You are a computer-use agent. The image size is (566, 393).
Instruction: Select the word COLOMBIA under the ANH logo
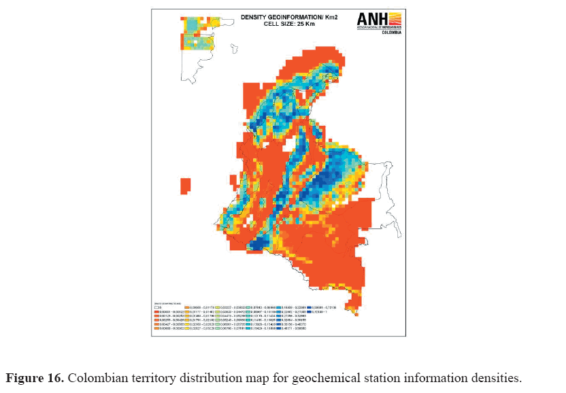point(391,32)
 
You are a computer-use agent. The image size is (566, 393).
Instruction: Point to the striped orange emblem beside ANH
point(393,19)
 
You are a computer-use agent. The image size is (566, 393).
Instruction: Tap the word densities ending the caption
point(497,378)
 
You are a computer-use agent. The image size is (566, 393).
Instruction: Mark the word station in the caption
point(376,378)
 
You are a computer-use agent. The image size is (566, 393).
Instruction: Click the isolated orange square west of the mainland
point(185,186)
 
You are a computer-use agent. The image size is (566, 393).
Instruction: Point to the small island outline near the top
point(235,49)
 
